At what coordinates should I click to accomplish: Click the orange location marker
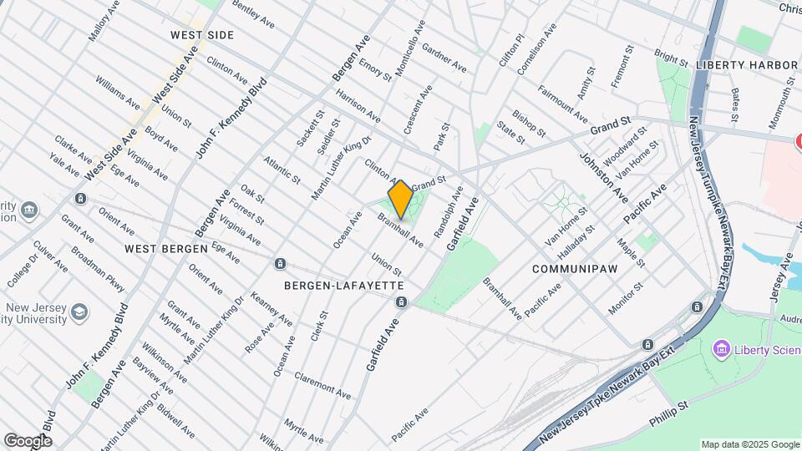coord(400,199)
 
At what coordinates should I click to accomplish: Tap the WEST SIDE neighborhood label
coord(201,35)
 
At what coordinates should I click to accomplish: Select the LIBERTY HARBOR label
coord(747,64)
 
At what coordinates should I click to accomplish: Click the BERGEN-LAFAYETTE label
coord(344,286)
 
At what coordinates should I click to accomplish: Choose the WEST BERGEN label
coord(165,249)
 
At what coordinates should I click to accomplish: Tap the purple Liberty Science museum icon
coord(722,348)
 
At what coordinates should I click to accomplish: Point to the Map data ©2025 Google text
coord(749,444)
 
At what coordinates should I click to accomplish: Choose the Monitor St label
coord(626,298)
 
